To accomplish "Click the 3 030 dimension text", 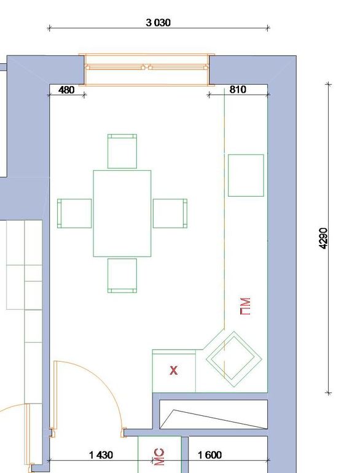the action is click(158, 23).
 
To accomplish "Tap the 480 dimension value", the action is click(66, 90).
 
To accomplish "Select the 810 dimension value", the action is click(238, 90).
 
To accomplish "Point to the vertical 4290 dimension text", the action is click(323, 238).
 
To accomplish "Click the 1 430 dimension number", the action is click(101, 455).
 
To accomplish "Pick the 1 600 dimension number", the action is click(209, 455).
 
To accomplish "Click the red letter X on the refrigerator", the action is click(173, 370).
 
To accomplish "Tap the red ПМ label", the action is click(245, 307).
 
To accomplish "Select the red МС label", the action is click(159, 457).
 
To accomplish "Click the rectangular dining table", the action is click(122, 213).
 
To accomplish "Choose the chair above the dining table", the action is click(122, 151).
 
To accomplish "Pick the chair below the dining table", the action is click(122, 276).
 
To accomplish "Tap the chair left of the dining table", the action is click(74, 213).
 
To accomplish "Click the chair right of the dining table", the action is click(170, 213).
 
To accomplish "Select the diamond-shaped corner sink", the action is click(234, 359).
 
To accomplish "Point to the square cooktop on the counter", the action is click(246, 175).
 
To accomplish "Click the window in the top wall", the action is click(147, 69).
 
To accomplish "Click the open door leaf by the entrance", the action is click(55, 395).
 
